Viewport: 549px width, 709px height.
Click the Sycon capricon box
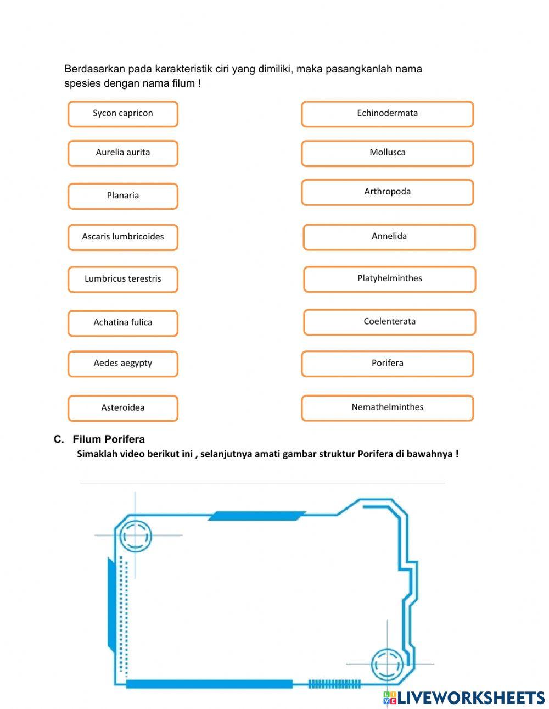123,114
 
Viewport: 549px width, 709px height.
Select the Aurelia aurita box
123,153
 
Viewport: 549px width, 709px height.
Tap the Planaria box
123,196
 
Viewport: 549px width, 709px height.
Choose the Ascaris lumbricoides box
123,237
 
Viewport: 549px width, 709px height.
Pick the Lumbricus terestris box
123,279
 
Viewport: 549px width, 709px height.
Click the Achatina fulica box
123,322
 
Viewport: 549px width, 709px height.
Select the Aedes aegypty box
123,364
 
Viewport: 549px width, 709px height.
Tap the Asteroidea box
123,408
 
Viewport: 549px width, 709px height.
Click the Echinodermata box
387,114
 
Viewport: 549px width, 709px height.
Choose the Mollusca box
387,153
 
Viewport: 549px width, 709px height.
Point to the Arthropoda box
387,192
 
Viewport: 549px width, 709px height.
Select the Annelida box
389,237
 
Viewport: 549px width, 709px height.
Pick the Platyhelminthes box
389,278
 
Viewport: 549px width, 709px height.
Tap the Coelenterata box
389,322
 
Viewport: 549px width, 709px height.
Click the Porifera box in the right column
387,364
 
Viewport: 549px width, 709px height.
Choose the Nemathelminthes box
387,407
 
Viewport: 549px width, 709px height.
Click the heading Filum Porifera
108,439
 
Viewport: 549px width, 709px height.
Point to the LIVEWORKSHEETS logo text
470,697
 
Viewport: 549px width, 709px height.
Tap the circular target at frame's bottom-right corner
388,665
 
